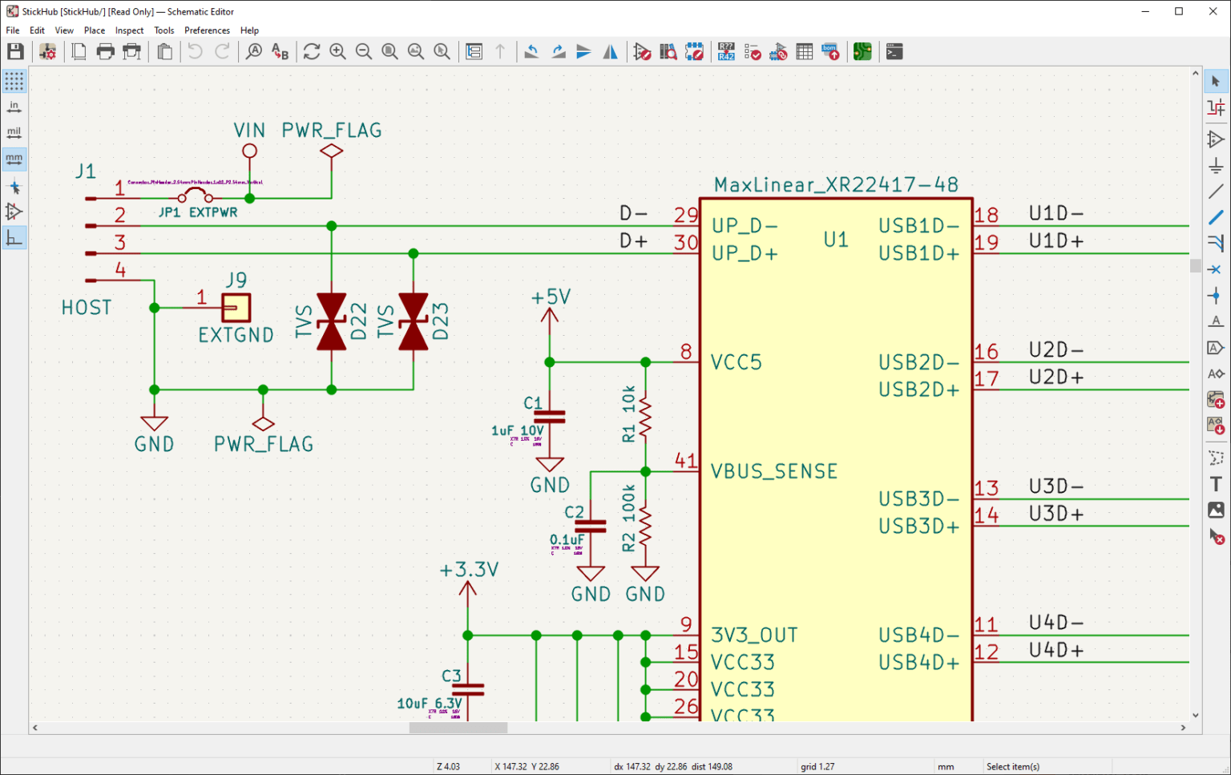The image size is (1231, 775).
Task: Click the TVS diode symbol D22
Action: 332,321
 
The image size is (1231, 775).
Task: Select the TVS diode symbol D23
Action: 413,321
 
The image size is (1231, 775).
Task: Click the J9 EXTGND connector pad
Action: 236,308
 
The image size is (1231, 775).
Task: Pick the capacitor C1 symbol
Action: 550,417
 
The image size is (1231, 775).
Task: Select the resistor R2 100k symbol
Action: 645,526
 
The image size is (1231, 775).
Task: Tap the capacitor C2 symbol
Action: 591,526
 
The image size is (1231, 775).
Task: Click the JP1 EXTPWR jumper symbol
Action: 195,196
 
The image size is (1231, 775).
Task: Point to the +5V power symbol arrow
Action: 550,317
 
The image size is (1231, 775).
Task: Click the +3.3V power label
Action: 469,570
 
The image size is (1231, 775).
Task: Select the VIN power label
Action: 249,131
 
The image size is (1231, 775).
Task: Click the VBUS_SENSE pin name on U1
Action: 773,471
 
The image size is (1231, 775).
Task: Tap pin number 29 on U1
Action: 685,215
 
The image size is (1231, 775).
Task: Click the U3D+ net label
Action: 1055,514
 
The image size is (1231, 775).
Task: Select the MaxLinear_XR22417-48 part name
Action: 836,185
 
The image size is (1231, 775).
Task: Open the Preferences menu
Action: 207,30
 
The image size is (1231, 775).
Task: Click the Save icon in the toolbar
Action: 15,52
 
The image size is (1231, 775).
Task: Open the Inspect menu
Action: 129,30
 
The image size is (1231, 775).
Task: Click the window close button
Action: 1213,11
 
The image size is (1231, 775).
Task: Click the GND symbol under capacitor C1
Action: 550,466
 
